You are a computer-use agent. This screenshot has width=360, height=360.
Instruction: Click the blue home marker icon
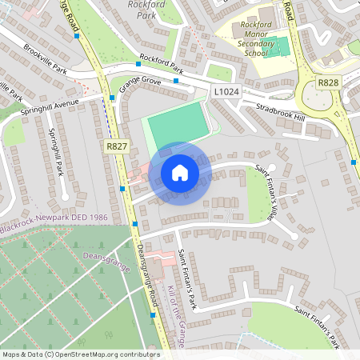point(179,173)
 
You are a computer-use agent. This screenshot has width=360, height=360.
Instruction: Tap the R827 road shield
point(117,146)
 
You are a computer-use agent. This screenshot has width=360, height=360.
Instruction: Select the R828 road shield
point(327,82)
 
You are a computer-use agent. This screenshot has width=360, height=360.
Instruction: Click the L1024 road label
point(226,93)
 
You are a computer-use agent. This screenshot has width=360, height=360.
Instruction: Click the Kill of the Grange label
point(178,316)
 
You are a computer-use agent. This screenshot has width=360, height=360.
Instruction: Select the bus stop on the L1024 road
point(175,82)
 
